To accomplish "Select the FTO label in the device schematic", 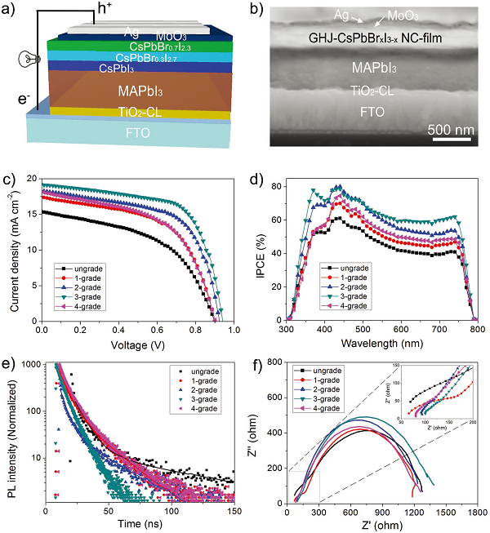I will click(x=136, y=132).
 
